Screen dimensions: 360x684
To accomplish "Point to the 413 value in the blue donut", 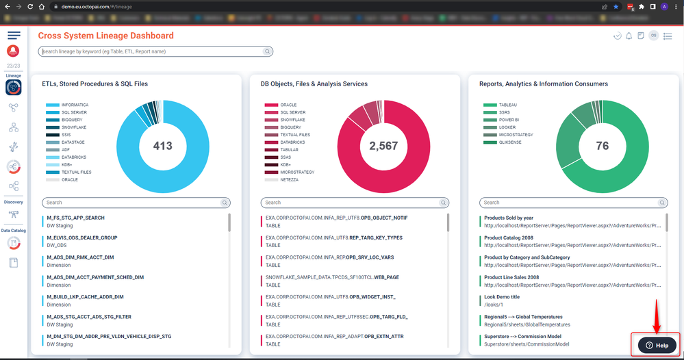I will pos(162,146).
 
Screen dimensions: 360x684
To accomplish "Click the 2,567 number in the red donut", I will pos(383,146).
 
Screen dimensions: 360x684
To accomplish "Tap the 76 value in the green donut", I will pos(602,146).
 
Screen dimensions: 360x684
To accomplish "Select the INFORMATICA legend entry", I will pos(75,105).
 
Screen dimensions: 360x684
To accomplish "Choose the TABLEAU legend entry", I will pos(507,105).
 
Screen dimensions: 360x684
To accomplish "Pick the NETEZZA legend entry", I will pos(290,179).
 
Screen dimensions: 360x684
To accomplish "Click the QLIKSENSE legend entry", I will pos(511,142).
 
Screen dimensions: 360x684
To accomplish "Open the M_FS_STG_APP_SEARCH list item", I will pos(75,218).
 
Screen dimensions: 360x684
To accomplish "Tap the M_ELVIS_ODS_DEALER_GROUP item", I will pos(81,237).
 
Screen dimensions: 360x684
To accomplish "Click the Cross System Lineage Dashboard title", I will pos(105,36).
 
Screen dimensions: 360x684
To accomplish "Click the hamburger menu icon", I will pos(14,35).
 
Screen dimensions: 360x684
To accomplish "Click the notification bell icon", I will pos(629,36).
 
